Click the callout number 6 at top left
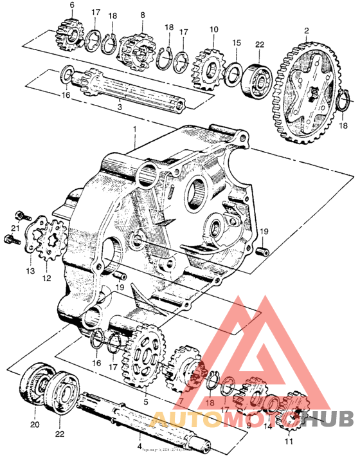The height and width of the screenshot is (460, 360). pos(71,5)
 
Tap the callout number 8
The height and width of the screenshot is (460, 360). pos(142,15)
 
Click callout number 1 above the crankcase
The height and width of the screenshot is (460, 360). pos(134,129)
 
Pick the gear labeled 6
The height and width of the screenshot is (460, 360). pos(71,31)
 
